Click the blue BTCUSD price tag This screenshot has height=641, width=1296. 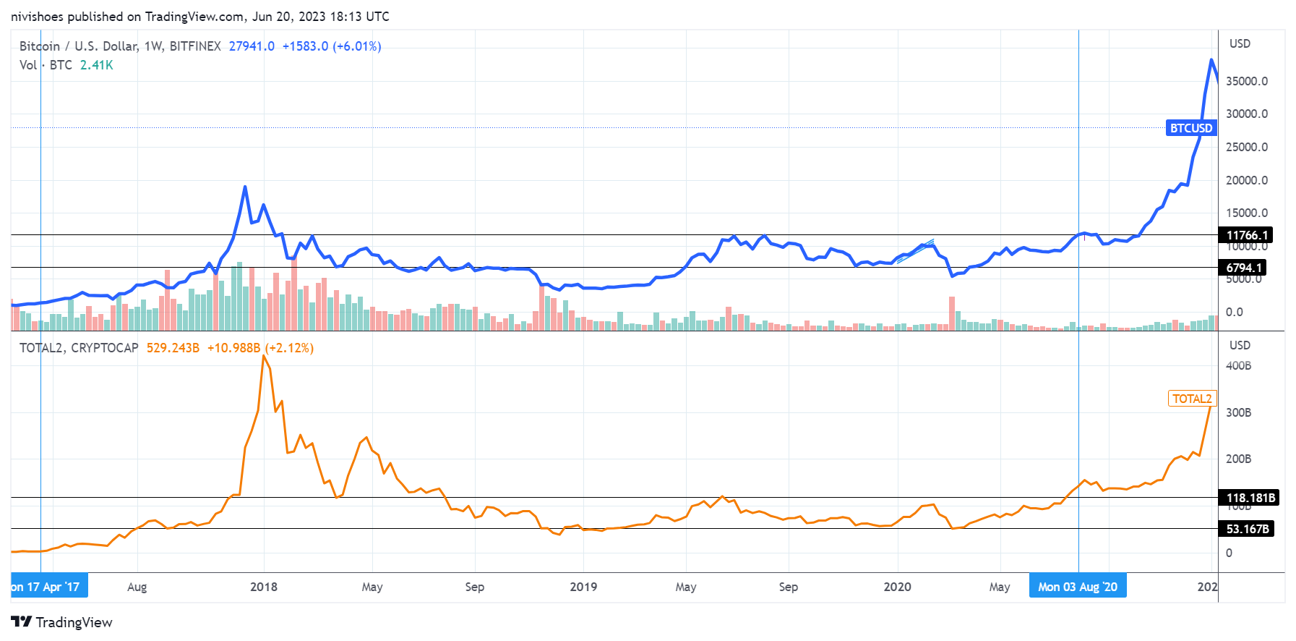coord(1191,128)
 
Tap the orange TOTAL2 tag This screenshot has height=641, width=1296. coord(1192,399)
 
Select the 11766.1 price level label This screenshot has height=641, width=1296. coord(1247,235)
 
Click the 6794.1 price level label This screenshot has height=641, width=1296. coord(1244,268)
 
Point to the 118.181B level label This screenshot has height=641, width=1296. coord(1250,498)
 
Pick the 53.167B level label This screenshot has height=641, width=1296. coord(1248,529)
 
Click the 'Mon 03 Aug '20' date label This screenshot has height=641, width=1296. coord(1077,587)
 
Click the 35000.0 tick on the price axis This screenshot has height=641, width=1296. coord(1247,81)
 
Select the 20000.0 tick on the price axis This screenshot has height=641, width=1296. coord(1247,180)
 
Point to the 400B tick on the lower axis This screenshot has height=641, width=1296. coord(1238,366)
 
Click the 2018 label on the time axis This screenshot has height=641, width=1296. coord(264,587)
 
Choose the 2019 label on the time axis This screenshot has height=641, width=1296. coord(583,587)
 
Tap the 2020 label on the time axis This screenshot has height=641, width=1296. coord(897,587)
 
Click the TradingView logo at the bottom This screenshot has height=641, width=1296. coord(62,622)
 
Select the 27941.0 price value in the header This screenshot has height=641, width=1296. coord(252,46)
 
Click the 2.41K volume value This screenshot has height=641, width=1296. coord(96,65)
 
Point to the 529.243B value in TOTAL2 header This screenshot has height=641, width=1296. coord(173,348)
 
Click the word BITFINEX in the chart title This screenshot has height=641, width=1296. coord(195,46)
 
